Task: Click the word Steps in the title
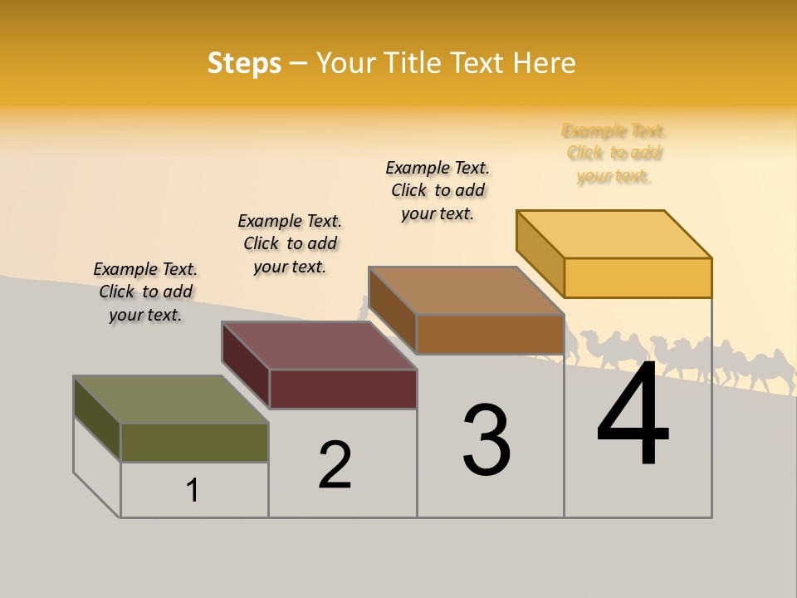[x=244, y=63]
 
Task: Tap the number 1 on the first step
[x=193, y=490]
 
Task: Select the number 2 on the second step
[x=335, y=465]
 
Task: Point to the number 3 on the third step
[x=487, y=440]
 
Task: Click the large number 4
[x=633, y=415]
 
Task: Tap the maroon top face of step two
[x=319, y=346]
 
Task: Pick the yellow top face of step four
[x=614, y=234]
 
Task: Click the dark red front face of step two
[x=343, y=389]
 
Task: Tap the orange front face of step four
[x=638, y=277]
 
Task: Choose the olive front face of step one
[x=194, y=442]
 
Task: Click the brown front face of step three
[x=490, y=334]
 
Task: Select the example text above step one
[x=145, y=292]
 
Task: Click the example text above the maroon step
[x=290, y=243]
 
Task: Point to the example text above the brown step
[x=438, y=190]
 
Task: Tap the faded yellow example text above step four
[x=614, y=153]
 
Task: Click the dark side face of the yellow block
[x=540, y=254]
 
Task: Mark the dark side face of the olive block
[x=97, y=419]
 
